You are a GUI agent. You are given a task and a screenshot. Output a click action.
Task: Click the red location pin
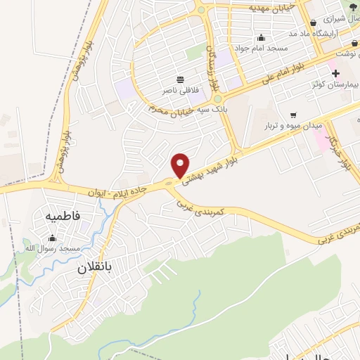181,165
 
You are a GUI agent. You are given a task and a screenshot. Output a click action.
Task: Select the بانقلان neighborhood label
95,268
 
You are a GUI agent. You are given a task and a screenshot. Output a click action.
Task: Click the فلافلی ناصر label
181,91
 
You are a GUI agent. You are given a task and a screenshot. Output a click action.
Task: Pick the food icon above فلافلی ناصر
181,79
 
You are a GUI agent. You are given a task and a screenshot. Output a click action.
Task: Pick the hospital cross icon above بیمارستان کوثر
335,73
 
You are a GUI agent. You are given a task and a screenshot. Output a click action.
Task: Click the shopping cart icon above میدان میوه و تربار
292,114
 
